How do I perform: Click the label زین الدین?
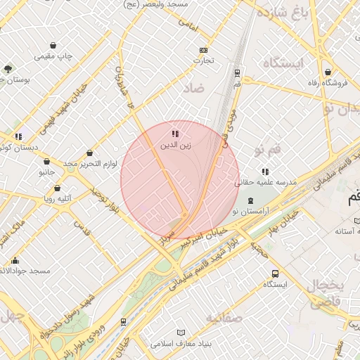(x=174, y=146)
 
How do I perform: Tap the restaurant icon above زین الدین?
(x=174, y=134)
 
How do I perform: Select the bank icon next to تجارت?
(x=204, y=50)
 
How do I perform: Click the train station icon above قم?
(x=237, y=72)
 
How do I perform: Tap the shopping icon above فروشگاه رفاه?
(x=328, y=71)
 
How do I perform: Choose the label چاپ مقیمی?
(x=55, y=56)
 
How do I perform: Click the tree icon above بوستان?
(x=8, y=68)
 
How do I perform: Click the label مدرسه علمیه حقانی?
(x=266, y=182)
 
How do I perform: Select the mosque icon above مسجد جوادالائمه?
(x=15, y=260)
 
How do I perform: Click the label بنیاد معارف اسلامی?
(x=181, y=344)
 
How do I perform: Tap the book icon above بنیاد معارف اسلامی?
(x=181, y=332)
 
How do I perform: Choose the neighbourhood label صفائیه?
(x=224, y=319)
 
